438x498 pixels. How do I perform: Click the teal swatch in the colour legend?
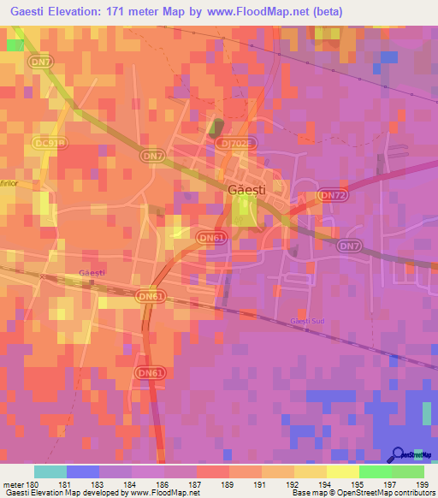coord(50,471)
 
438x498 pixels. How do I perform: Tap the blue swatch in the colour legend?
coord(82,471)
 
